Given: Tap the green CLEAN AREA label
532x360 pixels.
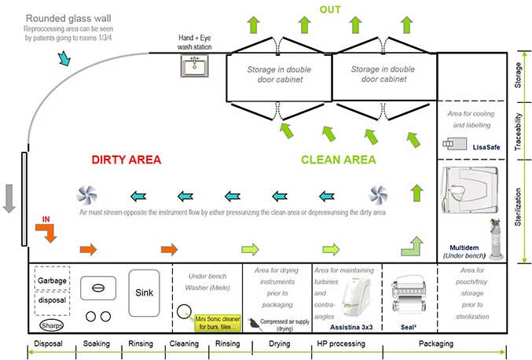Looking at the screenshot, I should (339, 160).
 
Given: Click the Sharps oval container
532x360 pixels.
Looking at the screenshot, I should (51, 325).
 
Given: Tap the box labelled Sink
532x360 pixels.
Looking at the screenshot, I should (144, 292).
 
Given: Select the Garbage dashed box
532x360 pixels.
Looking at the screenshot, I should (51, 279).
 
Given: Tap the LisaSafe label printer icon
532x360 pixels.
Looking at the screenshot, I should (455, 144).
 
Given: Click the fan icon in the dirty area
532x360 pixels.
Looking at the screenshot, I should (86, 195).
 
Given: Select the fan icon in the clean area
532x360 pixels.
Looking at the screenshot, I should (378, 195).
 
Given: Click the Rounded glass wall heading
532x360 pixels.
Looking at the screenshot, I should (68, 17).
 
